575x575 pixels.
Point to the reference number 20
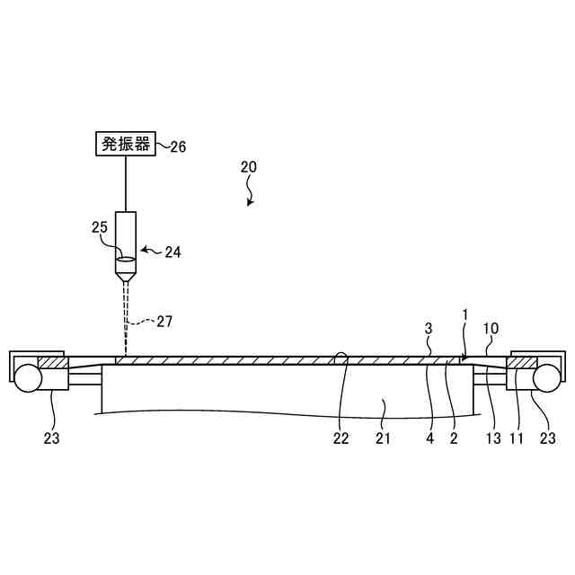(249, 167)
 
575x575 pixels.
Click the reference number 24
(172, 252)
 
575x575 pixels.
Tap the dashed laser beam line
(127, 314)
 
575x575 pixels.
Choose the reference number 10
(491, 328)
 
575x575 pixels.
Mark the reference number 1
(465, 316)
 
